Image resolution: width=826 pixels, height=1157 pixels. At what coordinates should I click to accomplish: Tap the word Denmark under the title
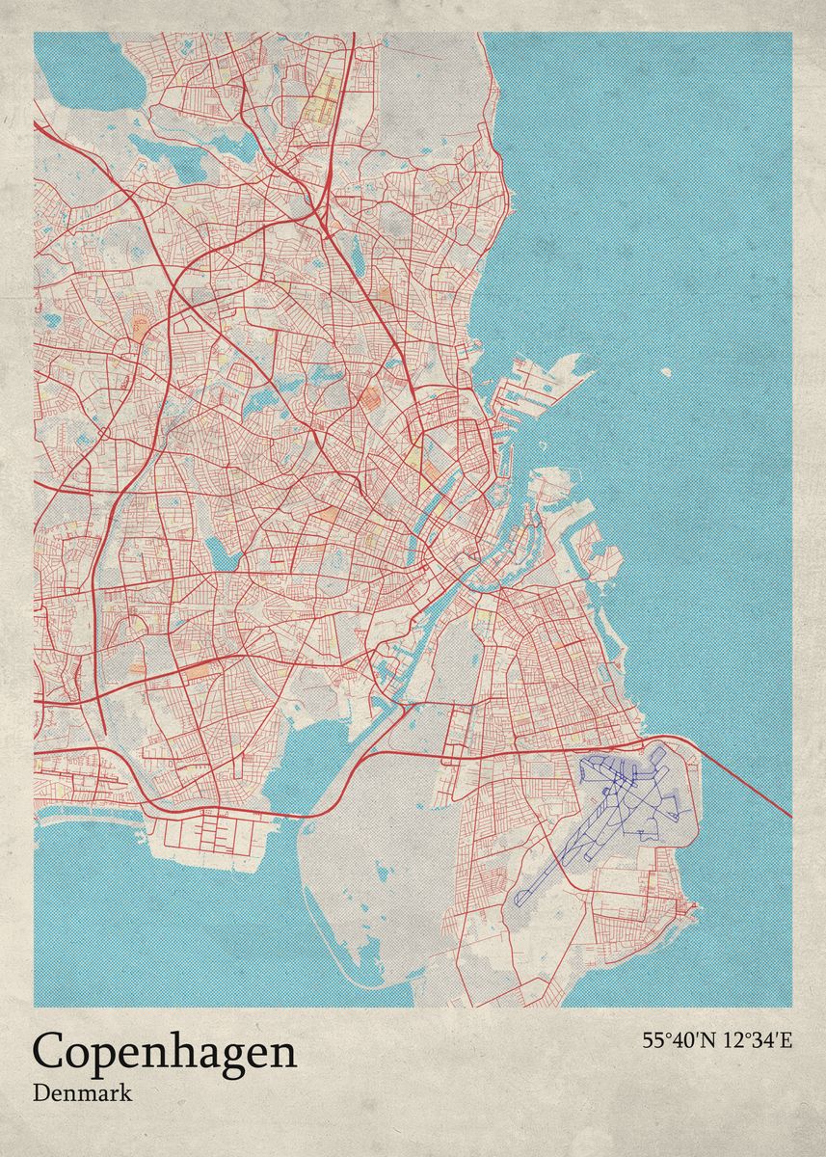point(82,1094)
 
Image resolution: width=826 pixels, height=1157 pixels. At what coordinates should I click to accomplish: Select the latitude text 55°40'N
point(679,1040)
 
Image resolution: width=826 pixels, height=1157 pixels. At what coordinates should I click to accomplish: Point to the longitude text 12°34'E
point(757,1040)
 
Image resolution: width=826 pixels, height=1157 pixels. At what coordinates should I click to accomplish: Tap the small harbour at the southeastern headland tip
point(690,907)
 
